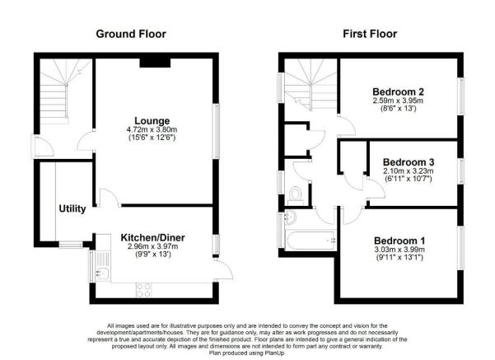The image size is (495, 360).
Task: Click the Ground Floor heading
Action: [x=131, y=34]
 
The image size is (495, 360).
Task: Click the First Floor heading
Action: [x=370, y=34]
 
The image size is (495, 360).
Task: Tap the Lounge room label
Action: [x=152, y=121]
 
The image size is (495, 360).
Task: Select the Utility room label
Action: [x=72, y=208]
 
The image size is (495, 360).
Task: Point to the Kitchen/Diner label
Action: [x=152, y=237]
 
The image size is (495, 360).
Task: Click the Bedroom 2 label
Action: [x=398, y=92]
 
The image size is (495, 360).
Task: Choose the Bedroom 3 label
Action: [x=409, y=162]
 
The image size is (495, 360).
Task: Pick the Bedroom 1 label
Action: [x=399, y=241]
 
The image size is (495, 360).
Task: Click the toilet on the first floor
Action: [x=296, y=195]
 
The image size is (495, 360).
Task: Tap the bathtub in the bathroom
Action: [x=311, y=241]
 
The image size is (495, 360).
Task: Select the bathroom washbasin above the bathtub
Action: [x=291, y=217]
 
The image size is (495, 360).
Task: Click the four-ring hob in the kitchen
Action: [x=143, y=290]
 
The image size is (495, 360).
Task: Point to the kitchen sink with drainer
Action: [x=103, y=266]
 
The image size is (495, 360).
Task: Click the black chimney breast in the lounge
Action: [x=155, y=63]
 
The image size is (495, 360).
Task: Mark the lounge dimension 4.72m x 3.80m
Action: [x=152, y=130]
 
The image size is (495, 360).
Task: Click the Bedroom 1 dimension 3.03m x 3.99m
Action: [x=399, y=250]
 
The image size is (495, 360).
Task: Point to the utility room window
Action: [x=71, y=245]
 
